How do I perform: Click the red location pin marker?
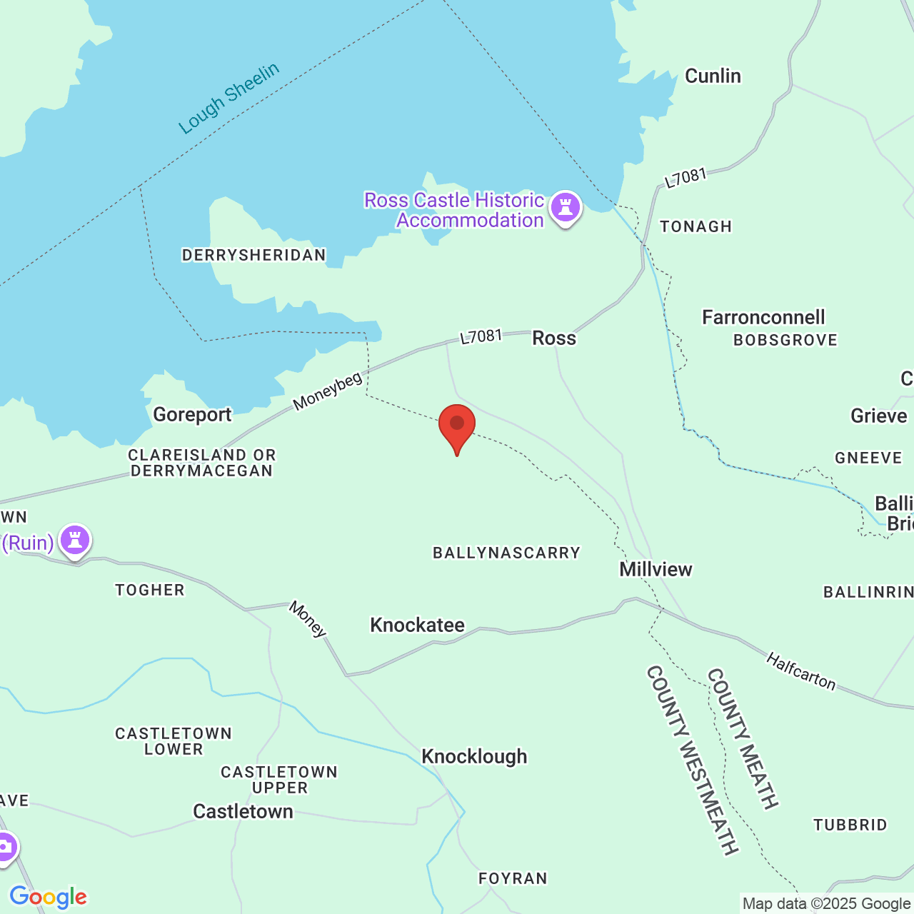click(457, 426)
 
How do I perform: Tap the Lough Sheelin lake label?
click(228, 99)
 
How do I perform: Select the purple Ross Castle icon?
click(566, 208)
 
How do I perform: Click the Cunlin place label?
click(713, 76)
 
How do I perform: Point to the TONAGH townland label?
click(695, 226)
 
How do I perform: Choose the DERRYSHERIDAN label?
click(253, 255)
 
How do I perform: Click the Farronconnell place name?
click(763, 317)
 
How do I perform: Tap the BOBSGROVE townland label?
click(785, 340)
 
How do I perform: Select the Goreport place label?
click(192, 414)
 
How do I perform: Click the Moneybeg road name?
click(328, 392)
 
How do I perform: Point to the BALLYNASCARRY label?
click(506, 552)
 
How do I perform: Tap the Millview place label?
click(656, 569)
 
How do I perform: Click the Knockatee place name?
click(417, 625)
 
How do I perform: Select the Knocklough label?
click(474, 756)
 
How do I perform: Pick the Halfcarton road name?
click(800, 671)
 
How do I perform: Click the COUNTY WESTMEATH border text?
click(692, 760)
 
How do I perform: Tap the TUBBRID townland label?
click(850, 825)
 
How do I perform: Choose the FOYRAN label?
click(513, 878)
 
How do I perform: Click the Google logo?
click(48, 897)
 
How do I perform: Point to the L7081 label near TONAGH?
click(685, 178)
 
